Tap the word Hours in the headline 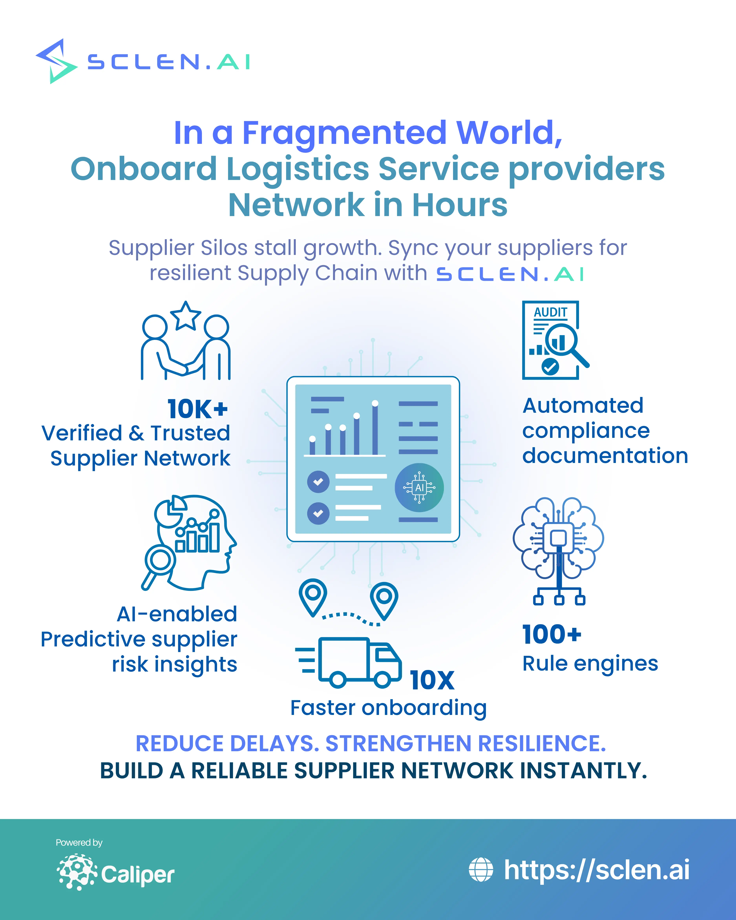(459, 205)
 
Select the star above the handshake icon (186, 316)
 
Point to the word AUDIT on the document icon (550, 312)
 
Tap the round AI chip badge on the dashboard (419, 487)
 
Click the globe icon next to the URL (481, 870)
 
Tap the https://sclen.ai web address (596, 870)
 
